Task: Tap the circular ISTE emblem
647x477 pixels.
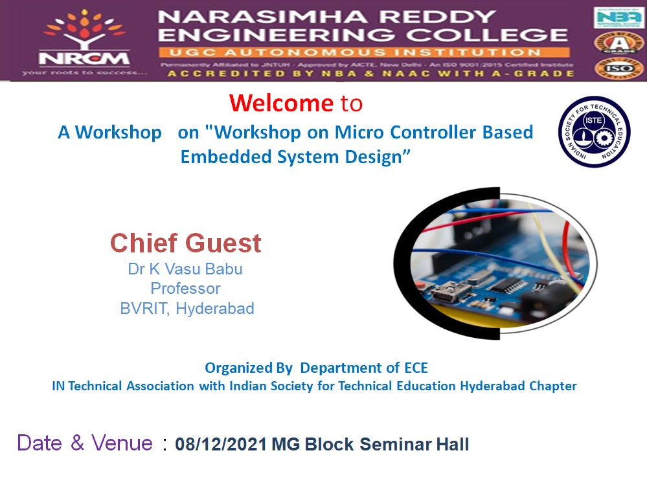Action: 594,132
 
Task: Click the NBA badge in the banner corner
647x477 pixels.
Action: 619,17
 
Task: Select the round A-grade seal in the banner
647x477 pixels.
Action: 619,43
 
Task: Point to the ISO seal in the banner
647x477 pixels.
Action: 619,67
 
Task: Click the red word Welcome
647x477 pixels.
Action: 280,103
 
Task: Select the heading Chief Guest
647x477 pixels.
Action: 186,243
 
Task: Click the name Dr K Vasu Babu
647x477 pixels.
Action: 185,269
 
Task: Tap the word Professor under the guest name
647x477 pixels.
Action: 185,289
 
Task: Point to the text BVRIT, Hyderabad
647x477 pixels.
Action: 187,309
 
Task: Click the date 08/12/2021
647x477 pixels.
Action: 221,445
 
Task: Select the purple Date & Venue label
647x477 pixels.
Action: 85,443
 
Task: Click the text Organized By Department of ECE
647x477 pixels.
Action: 316,368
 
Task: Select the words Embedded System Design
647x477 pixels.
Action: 296,157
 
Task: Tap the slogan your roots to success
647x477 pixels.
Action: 84,72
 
